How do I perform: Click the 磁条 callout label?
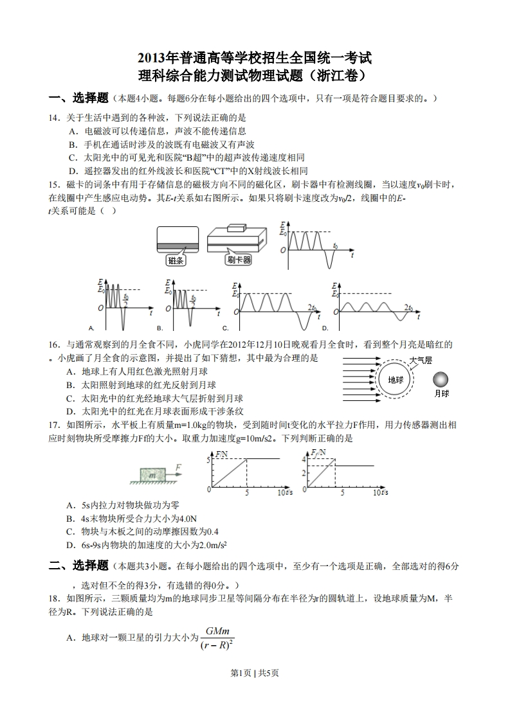[x=176, y=260]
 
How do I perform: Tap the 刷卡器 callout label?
[x=238, y=260]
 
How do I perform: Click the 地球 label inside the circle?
[x=395, y=379]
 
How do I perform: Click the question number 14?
[x=54, y=118]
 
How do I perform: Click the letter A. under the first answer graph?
[x=92, y=328]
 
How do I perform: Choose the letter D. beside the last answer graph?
[x=325, y=328]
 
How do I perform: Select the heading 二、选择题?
[x=78, y=565]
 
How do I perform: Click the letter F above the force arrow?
[x=178, y=467]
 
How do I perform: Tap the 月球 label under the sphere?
[x=442, y=393]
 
